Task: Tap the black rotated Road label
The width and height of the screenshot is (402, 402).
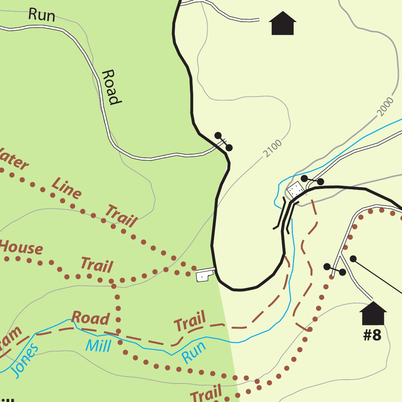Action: (110, 87)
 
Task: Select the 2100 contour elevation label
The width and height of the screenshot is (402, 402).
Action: (272, 148)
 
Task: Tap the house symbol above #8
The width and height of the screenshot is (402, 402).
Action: (373, 313)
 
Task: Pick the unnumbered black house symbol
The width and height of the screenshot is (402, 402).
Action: (282, 24)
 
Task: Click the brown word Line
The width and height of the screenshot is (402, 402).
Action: (67, 188)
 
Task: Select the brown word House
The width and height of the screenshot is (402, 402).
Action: (21, 247)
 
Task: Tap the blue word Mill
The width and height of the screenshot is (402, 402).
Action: (98, 346)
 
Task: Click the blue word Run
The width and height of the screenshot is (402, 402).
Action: (194, 352)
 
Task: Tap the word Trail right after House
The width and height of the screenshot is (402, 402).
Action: (97, 265)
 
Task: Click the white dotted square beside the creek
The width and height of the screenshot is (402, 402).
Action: (295, 191)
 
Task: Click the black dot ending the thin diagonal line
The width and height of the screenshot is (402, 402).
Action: (353, 259)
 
